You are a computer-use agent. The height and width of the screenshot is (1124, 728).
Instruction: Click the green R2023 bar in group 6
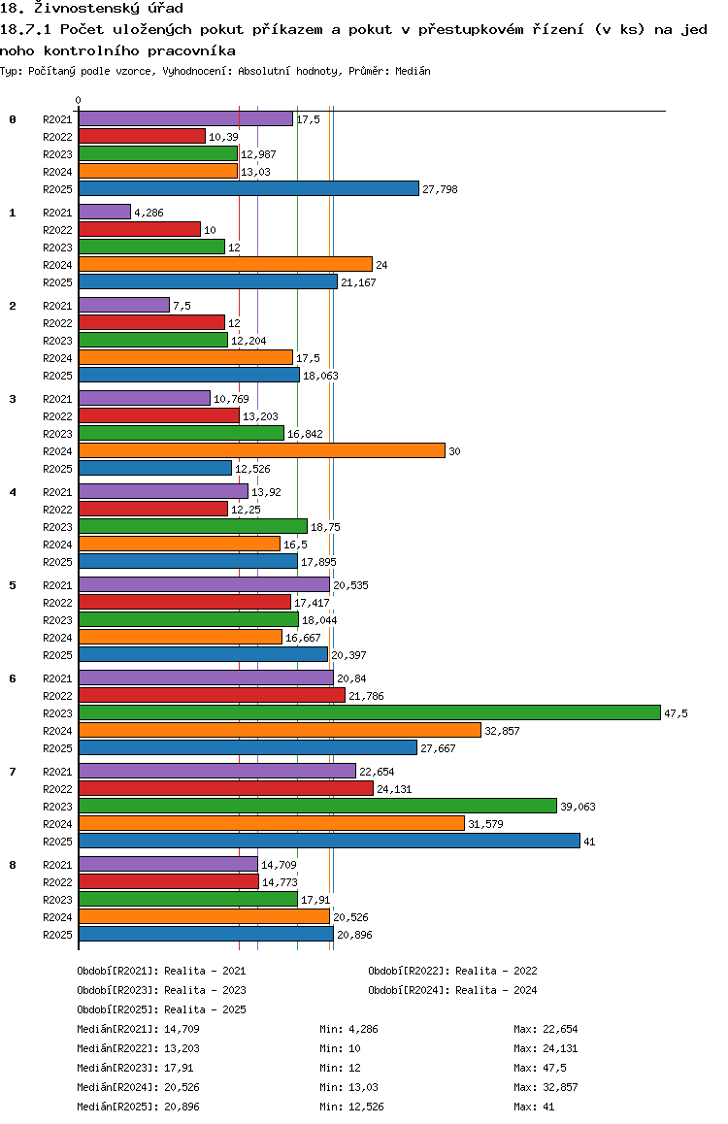(x=370, y=712)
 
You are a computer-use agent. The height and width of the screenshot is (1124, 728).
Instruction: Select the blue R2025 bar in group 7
(x=329, y=841)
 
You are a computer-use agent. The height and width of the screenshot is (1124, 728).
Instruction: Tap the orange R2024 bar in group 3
(x=261, y=451)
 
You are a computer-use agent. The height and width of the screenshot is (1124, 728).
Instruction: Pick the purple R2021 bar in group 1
(x=105, y=213)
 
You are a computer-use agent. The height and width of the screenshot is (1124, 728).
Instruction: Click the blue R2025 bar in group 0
(x=248, y=188)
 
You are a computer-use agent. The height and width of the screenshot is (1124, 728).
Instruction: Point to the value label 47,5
(x=676, y=714)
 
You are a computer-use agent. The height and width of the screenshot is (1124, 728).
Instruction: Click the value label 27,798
(x=440, y=190)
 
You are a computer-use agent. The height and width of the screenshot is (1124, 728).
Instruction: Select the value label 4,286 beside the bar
(x=149, y=213)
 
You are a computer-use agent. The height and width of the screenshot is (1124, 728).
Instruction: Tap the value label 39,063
(x=578, y=808)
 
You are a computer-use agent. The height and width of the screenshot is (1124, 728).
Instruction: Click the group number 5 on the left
(x=13, y=585)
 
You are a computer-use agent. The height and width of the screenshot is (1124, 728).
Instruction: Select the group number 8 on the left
(x=13, y=865)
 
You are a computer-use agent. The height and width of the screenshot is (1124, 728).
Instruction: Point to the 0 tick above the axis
(x=78, y=100)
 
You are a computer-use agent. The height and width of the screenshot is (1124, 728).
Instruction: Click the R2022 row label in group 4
(x=57, y=510)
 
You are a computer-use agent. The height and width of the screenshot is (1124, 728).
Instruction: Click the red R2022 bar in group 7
(x=226, y=788)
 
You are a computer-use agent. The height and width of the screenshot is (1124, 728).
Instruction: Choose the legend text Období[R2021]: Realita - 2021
(x=161, y=972)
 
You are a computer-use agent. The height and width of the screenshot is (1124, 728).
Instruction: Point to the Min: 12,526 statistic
(x=351, y=1107)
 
